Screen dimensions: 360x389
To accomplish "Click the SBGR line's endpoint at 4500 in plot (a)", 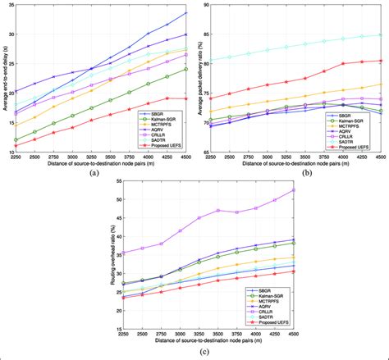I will tap(186, 13).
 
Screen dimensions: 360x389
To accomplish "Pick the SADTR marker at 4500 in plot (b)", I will tap(381, 35).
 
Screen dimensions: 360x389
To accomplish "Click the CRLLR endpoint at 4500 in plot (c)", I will tap(294, 190).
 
